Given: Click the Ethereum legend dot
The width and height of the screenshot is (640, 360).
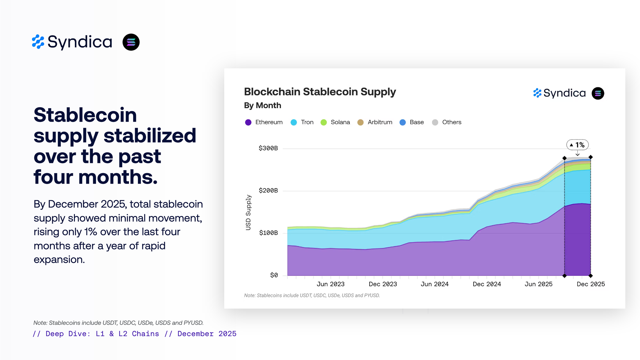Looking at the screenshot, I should click(248, 123).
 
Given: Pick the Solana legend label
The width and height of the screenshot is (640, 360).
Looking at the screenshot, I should click(340, 122).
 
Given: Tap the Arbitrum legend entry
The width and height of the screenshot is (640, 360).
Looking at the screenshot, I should click(380, 122).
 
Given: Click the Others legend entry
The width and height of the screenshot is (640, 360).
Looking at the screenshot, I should click(451, 122).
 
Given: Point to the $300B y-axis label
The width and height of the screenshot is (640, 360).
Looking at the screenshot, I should click(268, 148).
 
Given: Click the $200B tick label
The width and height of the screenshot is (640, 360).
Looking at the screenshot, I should click(268, 190).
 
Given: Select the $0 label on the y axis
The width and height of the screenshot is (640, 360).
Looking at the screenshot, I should click(274, 275).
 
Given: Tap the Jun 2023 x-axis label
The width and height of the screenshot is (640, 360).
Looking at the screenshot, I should click(331, 284).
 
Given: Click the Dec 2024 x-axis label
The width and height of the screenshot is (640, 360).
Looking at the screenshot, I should click(487, 284).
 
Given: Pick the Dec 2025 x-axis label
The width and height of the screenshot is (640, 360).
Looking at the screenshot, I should click(591, 284).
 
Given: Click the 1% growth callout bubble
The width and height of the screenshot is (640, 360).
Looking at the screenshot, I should click(578, 145).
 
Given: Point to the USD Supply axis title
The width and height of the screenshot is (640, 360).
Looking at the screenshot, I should click(248, 212).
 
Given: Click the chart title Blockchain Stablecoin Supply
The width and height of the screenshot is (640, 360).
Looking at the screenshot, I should click(320, 92).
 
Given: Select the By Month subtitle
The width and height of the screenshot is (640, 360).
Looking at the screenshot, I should click(262, 106).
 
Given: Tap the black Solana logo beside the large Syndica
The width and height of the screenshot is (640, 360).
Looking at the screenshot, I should click(131, 42).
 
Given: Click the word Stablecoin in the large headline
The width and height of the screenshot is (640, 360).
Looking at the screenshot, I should click(85, 115).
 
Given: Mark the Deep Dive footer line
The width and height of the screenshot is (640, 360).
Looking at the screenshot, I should click(135, 334).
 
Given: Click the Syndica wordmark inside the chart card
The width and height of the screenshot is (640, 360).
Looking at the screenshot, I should click(564, 93).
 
